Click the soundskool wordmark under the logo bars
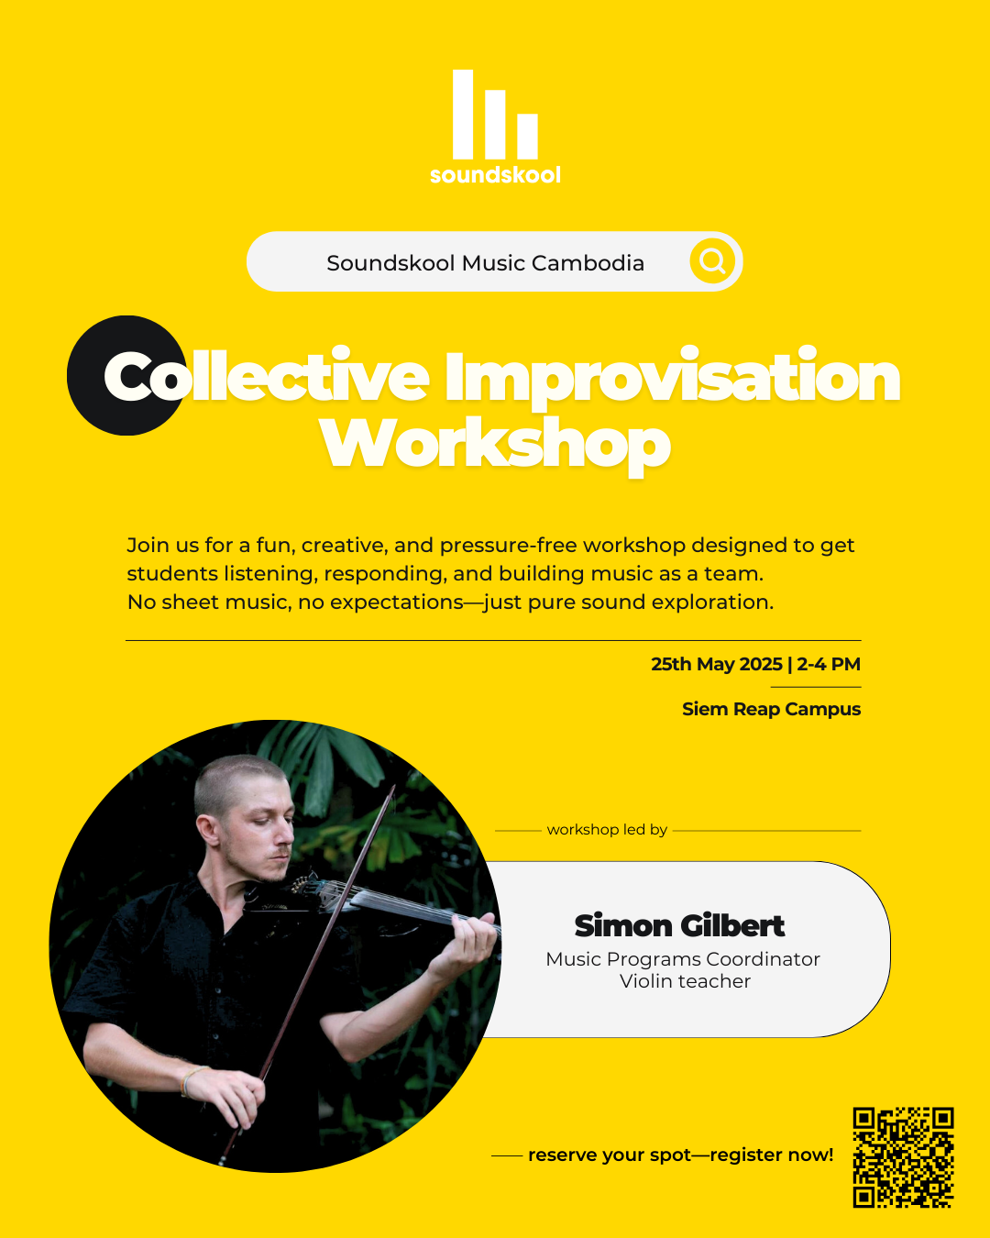click(495, 175)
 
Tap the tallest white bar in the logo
click(463, 114)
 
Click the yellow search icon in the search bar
click(713, 262)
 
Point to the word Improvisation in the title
click(672, 377)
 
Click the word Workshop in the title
click(495, 445)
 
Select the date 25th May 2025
click(716, 664)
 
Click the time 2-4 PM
click(829, 664)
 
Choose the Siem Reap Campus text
click(771, 709)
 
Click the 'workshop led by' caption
click(607, 830)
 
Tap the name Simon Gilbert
click(679, 926)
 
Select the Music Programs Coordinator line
click(683, 959)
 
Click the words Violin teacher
click(685, 981)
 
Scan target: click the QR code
click(903, 1157)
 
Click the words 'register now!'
click(772, 1155)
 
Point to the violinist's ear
click(210, 830)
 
